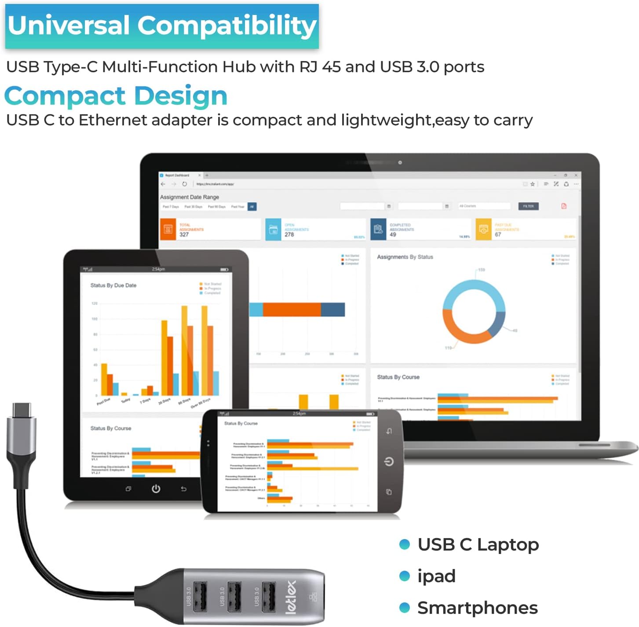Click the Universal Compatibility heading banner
162,26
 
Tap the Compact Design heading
116,96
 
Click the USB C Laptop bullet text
478,544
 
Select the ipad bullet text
436,576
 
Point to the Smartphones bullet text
478,608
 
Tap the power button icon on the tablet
156,488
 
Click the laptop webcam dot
400,163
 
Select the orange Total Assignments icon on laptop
168,229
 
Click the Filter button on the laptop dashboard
528,206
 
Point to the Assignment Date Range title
189,197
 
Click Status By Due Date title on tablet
113,285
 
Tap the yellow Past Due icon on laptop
483,229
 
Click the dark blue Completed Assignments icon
378,229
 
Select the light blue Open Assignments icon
273,229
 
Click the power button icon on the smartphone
389,461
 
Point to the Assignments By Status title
405,257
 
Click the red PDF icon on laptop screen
564,206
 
